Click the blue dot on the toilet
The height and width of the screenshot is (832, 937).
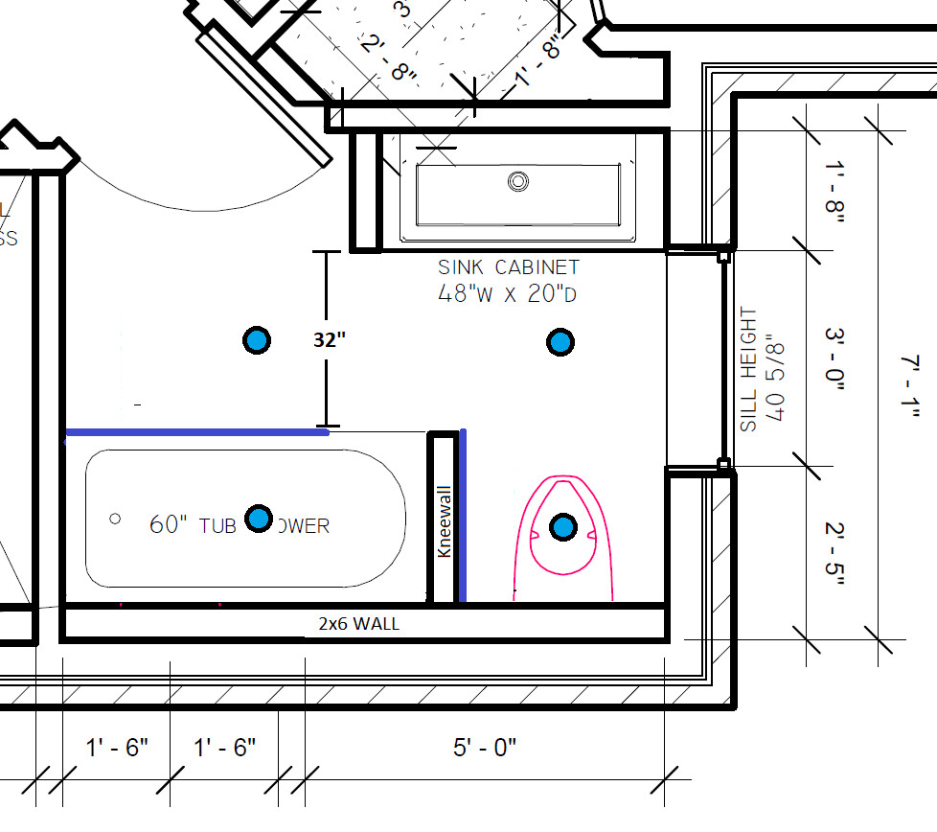coord(563,526)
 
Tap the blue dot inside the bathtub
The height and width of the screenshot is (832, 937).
coord(258,519)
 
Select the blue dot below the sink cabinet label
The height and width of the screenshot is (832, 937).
coord(560,341)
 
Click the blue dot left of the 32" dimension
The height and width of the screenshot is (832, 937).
coord(257,339)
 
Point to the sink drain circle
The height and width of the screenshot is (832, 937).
coord(518,179)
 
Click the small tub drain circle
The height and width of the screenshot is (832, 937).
coord(115,519)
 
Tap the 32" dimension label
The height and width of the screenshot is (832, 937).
coord(329,339)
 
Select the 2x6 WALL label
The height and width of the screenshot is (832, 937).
coord(358,624)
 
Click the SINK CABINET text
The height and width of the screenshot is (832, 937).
coord(509,267)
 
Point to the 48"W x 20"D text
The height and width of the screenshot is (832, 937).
coord(507,294)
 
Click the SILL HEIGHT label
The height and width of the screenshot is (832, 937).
coord(749,369)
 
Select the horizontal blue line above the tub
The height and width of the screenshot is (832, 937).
coord(196,433)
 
